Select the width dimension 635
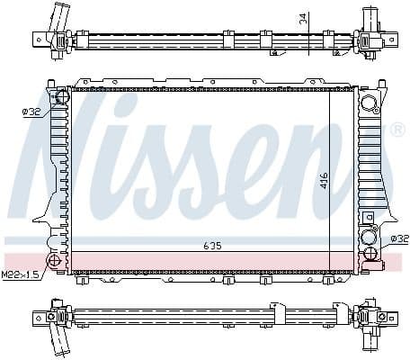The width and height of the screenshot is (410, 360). (x=212, y=245)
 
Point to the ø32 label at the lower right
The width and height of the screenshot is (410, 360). (x=398, y=239)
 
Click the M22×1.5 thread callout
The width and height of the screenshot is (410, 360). (x=20, y=274)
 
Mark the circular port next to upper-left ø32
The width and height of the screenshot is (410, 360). (x=62, y=98)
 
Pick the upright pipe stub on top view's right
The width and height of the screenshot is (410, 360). (x=369, y=18)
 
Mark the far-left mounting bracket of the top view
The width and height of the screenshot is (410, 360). (x=40, y=38)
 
